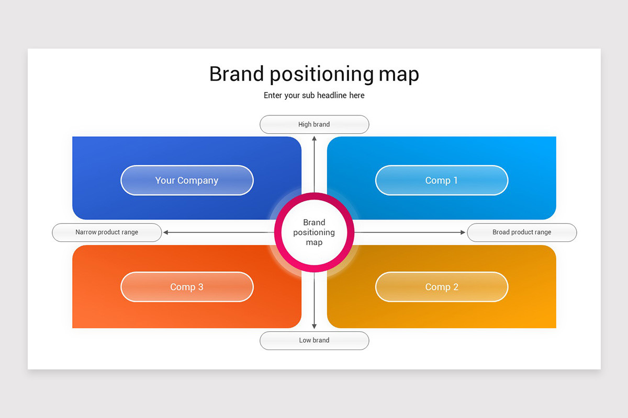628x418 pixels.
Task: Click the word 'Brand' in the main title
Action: click(237, 74)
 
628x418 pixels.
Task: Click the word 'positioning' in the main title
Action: click(321, 75)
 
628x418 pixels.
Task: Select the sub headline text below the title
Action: click(314, 95)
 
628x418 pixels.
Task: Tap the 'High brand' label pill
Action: click(314, 124)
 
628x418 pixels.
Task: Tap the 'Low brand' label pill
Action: click(314, 340)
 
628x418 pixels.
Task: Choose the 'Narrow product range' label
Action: click(107, 232)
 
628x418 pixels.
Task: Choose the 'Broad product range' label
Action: click(521, 232)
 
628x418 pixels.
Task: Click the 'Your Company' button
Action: click(187, 180)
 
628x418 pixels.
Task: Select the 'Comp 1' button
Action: click(441, 180)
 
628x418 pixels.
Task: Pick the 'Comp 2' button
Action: click(441, 287)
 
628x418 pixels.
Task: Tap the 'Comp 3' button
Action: click(187, 287)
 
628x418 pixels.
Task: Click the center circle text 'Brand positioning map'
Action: click(314, 233)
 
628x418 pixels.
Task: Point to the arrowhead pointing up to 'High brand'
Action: click(314, 138)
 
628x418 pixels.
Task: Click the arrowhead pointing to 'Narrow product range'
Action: click(166, 233)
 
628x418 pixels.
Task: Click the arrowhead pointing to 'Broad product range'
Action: click(462, 233)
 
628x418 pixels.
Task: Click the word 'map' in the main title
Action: click(399, 75)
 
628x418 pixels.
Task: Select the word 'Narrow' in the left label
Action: click(86, 232)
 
